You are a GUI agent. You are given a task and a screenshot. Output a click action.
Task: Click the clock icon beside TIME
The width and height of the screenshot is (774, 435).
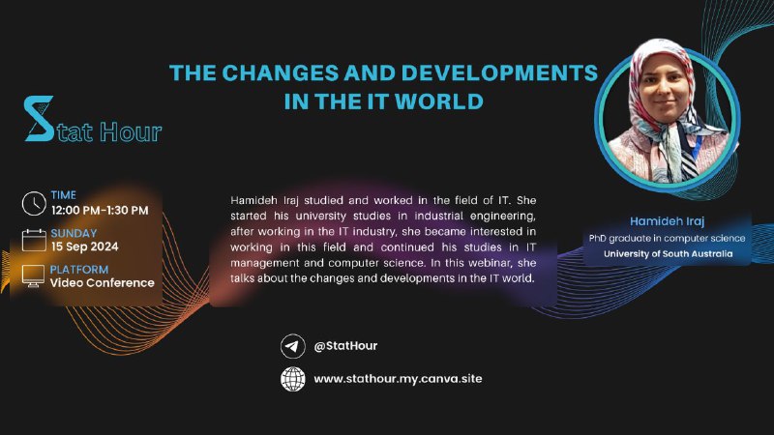click(x=34, y=203)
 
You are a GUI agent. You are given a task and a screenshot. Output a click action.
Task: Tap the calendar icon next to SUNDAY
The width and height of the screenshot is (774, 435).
click(x=34, y=240)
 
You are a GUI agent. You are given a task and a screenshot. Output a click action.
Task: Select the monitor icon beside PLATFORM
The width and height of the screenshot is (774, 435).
click(x=33, y=276)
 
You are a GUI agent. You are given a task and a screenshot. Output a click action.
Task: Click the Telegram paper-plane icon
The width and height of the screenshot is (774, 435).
click(x=293, y=346)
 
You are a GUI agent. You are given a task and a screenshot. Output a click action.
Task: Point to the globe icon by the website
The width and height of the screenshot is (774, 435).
click(x=293, y=379)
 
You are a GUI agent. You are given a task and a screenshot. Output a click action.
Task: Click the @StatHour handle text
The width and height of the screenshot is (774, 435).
click(x=345, y=346)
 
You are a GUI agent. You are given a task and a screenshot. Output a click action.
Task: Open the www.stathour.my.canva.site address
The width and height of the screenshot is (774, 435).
click(x=398, y=379)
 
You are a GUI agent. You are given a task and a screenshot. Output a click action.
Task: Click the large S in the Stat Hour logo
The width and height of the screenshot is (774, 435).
click(x=39, y=118)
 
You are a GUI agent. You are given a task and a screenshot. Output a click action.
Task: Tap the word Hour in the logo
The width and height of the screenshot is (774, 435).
click(x=131, y=131)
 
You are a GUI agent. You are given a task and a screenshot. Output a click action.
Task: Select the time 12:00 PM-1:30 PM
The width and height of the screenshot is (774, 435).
click(x=100, y=211)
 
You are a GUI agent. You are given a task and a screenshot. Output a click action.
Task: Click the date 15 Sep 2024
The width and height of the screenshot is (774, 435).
click(x=85, y=246)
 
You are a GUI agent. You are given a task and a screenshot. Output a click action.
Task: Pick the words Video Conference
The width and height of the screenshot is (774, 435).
click(x=103, y=283)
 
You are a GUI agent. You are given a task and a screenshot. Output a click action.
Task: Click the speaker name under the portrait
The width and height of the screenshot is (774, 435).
click(x=667, y=221)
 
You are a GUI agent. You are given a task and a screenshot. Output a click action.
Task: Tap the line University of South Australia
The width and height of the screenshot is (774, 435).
click(x=668, y=254)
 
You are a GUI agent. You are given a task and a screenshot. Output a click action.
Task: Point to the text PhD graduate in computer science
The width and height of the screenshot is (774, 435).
click(x=667, y=238)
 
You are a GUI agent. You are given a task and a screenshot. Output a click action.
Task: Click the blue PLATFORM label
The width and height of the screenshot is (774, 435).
click(x=79, y=270)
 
